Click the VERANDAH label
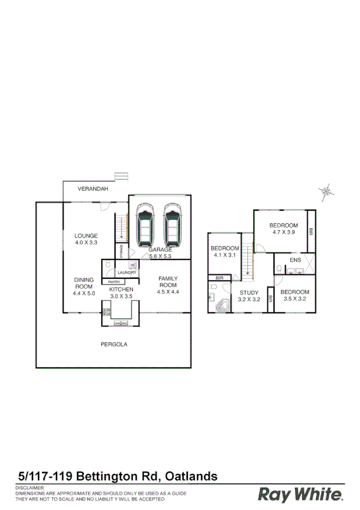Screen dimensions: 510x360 pos(93,189)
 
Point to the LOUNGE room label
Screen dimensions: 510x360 pos(86,235)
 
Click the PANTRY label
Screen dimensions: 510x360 pos(114,282)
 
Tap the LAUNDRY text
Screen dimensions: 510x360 pos(127,273)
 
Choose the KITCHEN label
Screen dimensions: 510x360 pos(121,290)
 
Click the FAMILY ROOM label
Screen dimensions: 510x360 pos(168,281)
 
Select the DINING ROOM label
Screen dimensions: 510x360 pos(84,283)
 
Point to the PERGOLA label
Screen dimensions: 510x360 pos(114,344)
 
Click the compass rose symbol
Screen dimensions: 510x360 pos(326,191)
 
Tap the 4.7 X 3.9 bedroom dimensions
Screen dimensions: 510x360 pos(284,232)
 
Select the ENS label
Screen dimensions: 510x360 pos(295,260)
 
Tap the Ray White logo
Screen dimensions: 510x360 pos(301,494)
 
